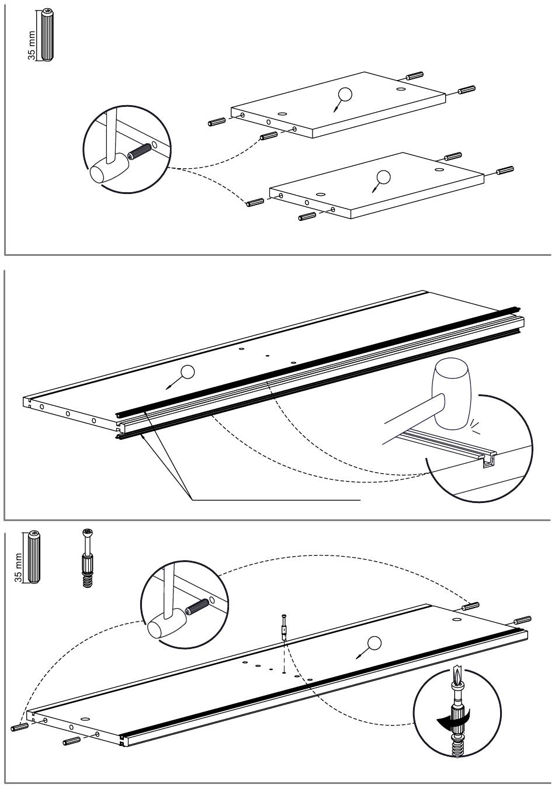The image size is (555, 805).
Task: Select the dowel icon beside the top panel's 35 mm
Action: tap(46, 35)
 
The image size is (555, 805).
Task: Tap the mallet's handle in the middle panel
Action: tap(409, 420)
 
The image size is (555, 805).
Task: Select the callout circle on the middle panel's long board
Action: tap(187, 372)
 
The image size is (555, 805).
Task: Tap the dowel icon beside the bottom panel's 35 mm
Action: tap(34, 557)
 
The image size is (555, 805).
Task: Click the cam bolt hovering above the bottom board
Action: tap(283, 628)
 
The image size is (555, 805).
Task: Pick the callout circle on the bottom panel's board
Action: tap(374, 643)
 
